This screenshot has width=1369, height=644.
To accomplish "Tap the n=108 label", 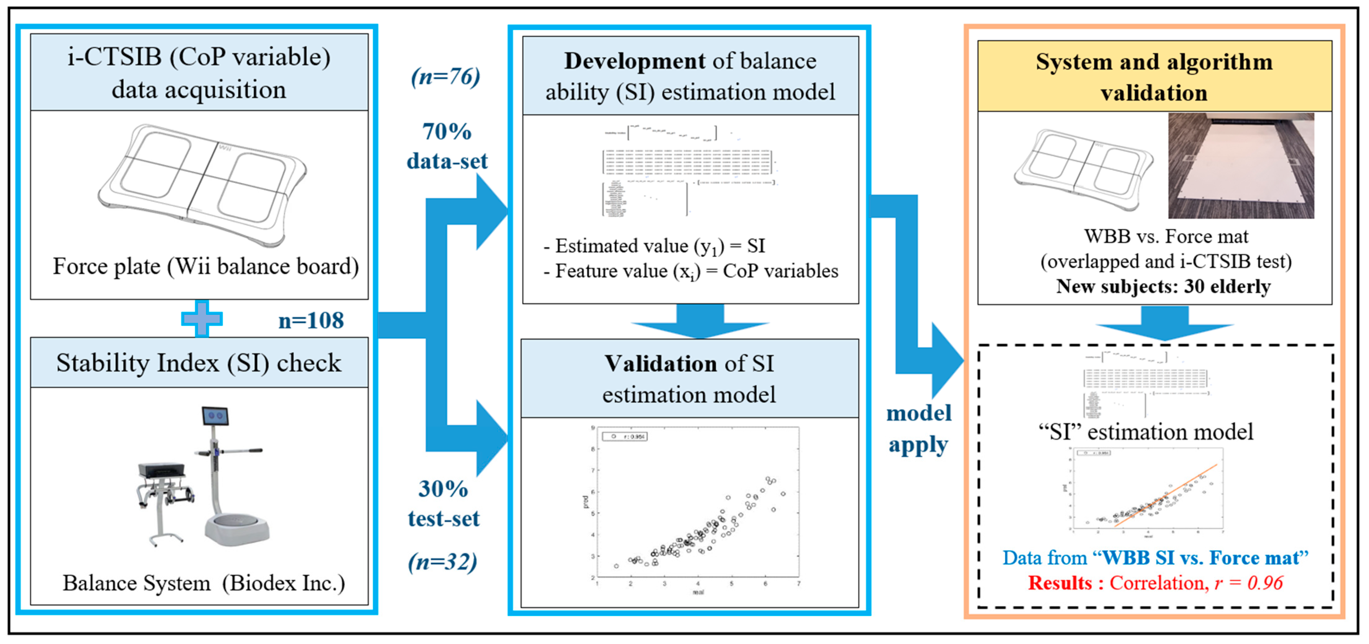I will coord(311,320).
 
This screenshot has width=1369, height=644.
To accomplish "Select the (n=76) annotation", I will coord(445,77).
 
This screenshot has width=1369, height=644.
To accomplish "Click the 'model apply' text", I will coord(918,429).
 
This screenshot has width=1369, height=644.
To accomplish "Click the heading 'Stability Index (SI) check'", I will coord(199,363).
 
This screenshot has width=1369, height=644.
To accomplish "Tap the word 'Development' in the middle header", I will coord(634,61).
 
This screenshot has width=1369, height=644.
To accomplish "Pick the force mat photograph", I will coord(1241,166).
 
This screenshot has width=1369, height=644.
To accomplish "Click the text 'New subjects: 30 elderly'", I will coord(1163,287).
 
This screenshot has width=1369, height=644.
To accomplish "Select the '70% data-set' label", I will coord(446,146).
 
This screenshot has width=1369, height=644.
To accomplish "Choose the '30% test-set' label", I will coord(443,503).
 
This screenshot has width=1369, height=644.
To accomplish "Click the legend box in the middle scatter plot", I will coord(624,436).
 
